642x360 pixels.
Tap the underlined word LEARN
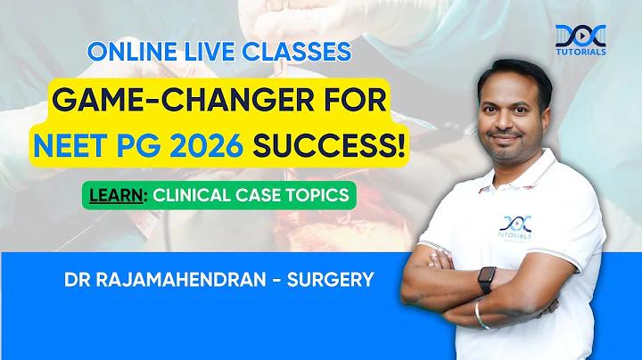pyautogui.click(x=116, y=195)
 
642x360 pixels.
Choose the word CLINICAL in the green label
pyautogui.click(x=192, y=195)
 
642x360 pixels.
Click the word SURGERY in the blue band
pyautogui.click(x=331, y=280)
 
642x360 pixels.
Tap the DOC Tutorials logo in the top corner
pyautogui.click(x=580, y=40)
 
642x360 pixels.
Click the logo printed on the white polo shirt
pyautogui.click(x=515, y=228)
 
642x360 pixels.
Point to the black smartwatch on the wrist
pyautogui.click(x=487, y=280)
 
